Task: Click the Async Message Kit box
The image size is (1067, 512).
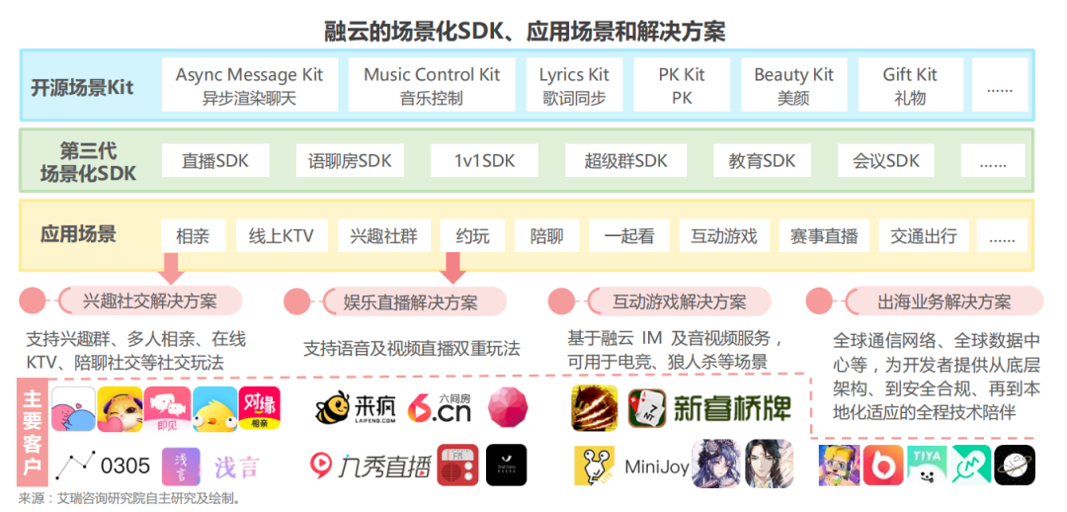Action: pyautogui.click(x=249, y=85)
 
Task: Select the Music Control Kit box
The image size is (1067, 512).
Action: pyautogui.click(x=432, y=85)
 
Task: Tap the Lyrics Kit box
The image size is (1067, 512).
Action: pyautogui.click(x=574, y=85)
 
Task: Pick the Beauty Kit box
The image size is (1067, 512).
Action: pyautogui.click(x=793, y=85)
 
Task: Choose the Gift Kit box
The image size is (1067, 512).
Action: pyautogui.click(x=910, y=85)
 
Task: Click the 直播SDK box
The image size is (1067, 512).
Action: pyautogui.click(x=215, y=161)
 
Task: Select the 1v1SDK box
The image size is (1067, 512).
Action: pyautogui.click(x=484, y=161)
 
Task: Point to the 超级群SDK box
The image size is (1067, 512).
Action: pyautogui.click(x=625, y=161)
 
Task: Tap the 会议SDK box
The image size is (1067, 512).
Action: pyautogui.click(x=886, y=161)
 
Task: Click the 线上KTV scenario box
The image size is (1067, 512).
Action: pyautogui.click(x=281, y=236)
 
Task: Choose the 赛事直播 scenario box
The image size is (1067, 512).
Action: pyautogui.click(x=824, y=236)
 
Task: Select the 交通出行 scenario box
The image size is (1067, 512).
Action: pyautogui.click(x=924, y=236)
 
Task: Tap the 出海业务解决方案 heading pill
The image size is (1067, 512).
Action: pyautogui.click(x=944, y=301)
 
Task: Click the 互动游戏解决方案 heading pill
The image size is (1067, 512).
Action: pyautogui.click(x=679, y=301)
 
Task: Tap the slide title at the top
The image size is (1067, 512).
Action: pyautogui.click(x=525, y=31)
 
